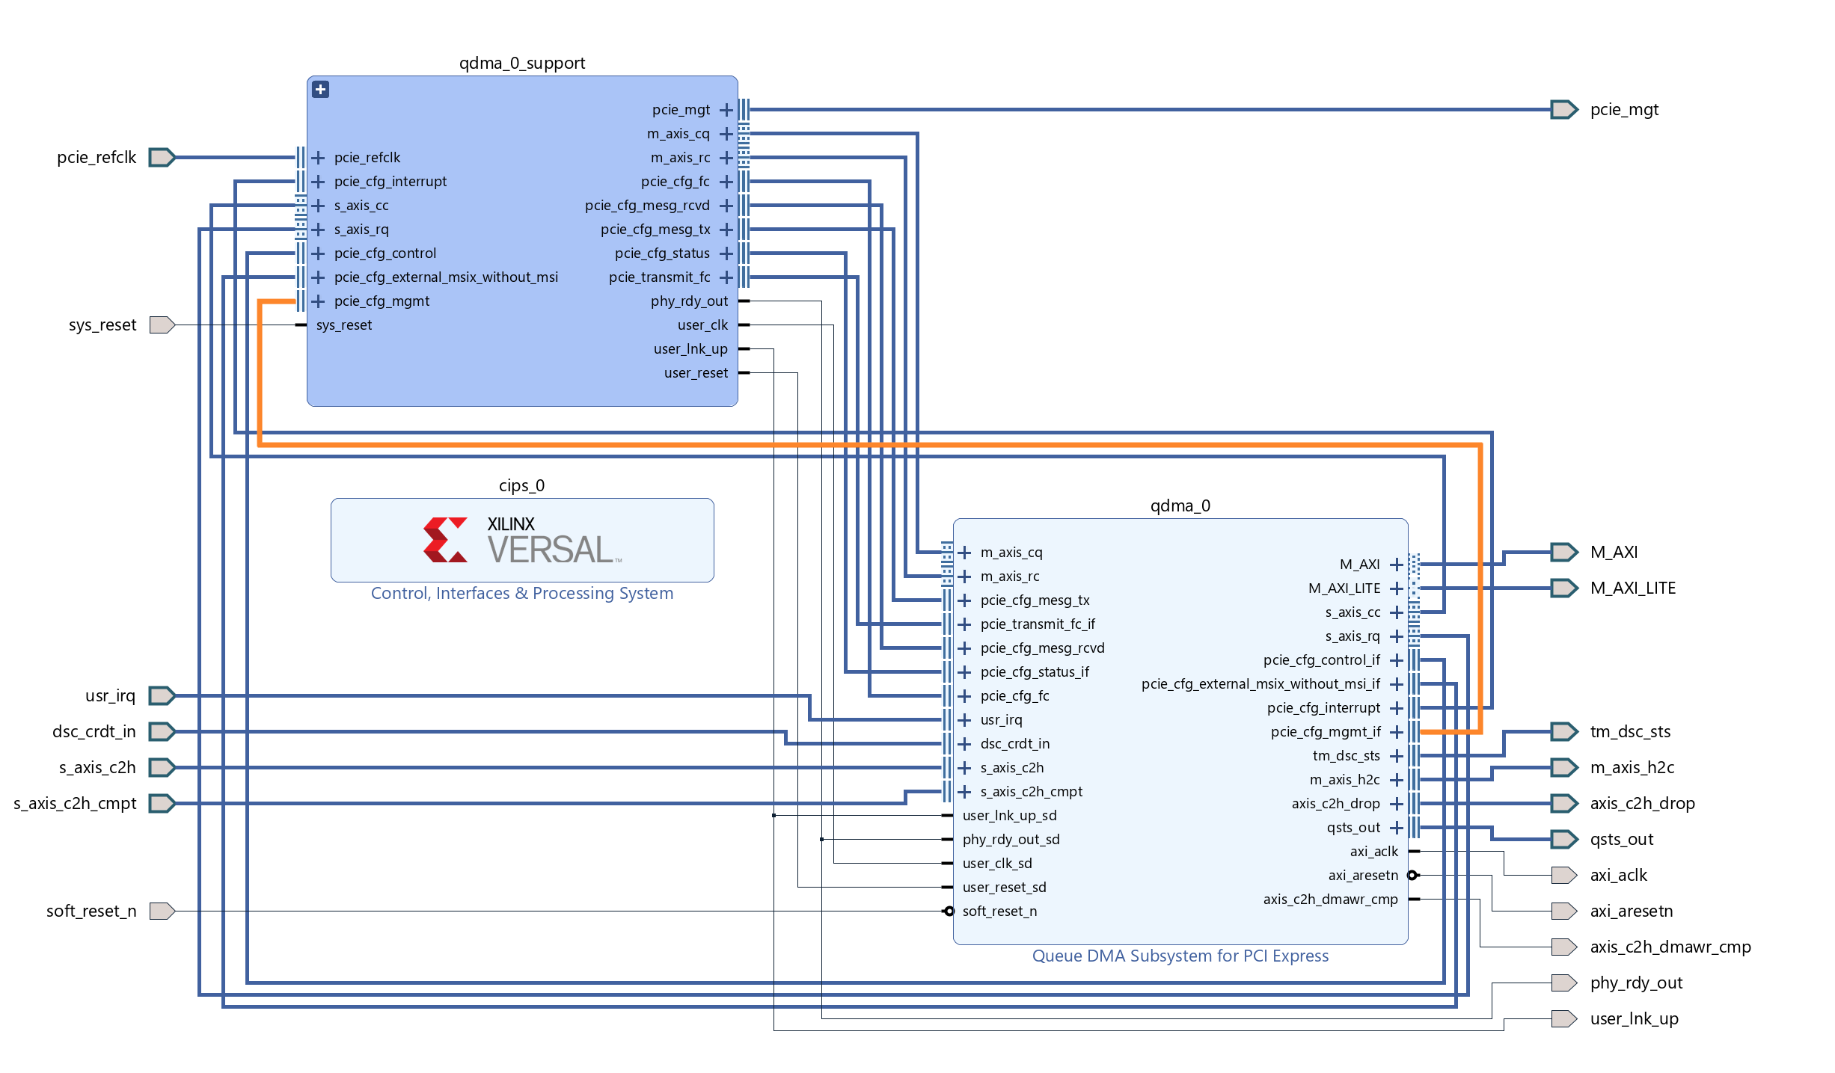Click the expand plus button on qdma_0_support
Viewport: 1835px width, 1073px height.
pyautogui.click(x=321, y=90)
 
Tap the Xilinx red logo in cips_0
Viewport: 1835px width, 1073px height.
pyautogui.click(x=445, y=540)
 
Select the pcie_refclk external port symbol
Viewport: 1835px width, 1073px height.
pyautogui.click(x=162, y=158)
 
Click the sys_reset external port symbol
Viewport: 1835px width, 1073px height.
pyautogui.click(x=162, y=325)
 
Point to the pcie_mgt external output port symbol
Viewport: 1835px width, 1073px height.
pyautogui.click(x=1563, y=110)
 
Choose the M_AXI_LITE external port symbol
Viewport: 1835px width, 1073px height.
pyautogui.click(x=1563, y=588)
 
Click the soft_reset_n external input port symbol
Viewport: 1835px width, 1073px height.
pyautogui.click(x=162, y=911)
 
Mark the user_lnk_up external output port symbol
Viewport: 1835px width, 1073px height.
pyautogui.click(x=1563, y=1019)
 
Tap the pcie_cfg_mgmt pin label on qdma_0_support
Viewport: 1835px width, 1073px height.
pyautogui.click(x=382, y=301)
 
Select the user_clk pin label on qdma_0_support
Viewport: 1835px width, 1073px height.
pyautogui.click(x=702, y=325)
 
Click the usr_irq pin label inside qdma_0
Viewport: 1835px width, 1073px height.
pyautogui.click(x=1001, y=720)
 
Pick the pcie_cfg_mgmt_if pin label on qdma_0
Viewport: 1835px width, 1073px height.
pyautogui.click(x=1326, y=732)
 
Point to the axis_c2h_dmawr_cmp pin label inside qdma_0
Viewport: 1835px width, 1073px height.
pyautogui.click(x=1330, y=900)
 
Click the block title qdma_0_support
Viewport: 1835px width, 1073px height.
pyautogui.click(x=522, y=64)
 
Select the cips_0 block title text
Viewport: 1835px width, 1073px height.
pyautogui.click(x=522, y=486)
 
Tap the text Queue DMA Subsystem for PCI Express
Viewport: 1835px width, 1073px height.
pyautogui.click(x=1180, y=956)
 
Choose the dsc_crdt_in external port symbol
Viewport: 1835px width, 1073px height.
pyautogui.click(x=162, y=732)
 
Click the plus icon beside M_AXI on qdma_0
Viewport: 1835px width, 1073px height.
pyautogui.click(x=1396, y=565)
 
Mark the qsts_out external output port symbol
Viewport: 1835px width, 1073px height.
pyautogui.click(x=1563, y=840)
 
